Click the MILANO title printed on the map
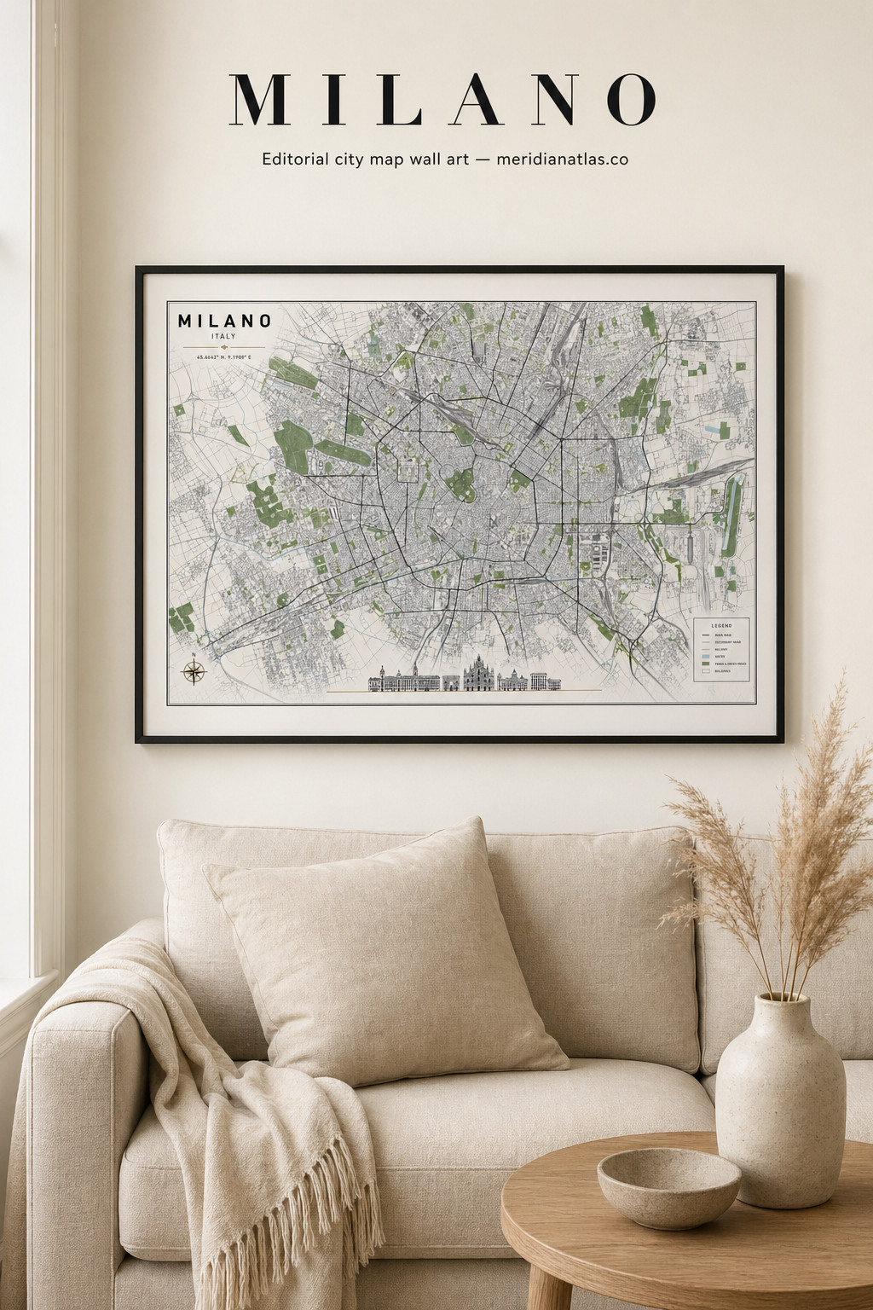225,322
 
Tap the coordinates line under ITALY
224,357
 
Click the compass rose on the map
194,671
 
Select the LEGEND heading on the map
722,625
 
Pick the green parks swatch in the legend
706,663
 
